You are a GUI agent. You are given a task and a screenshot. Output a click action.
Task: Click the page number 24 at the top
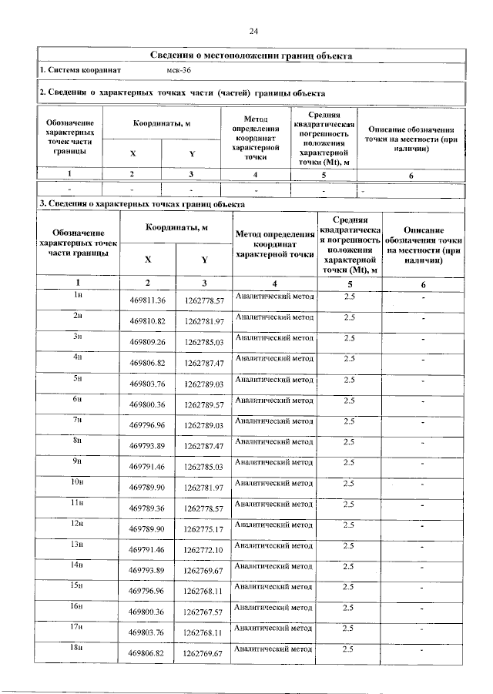coord(253,31)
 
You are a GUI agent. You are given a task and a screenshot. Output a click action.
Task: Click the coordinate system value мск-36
coord(179,70)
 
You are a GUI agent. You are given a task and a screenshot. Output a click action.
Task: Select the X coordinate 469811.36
coord(148,300)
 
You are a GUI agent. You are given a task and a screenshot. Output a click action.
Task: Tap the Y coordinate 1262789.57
coord(203,404)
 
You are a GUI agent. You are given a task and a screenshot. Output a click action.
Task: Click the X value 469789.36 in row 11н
coord(148,508)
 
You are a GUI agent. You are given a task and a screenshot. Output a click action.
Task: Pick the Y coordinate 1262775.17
coord(203,529)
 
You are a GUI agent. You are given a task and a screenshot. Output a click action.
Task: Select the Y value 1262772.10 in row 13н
coord(203,550)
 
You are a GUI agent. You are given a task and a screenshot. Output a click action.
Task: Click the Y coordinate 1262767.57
coord(203,612)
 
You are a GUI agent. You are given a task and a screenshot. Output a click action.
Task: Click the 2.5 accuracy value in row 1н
coord(349,297)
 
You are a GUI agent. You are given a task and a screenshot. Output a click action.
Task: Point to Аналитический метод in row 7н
coord(274,421)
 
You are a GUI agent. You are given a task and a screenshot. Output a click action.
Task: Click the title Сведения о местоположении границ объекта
coord(252,55)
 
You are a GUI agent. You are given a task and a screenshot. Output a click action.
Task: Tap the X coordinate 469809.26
coord(148,342)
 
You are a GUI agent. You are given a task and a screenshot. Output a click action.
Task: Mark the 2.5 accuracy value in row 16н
coord(349,608)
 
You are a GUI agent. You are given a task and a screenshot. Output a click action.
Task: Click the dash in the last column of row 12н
coord(422,526)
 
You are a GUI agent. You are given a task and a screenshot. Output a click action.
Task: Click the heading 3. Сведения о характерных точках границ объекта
coord(143,204)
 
